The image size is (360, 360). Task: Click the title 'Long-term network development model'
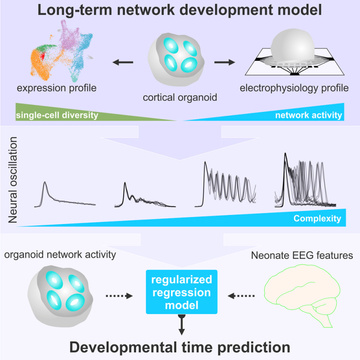[x=180, y=10]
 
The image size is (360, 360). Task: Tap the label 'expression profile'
[x=57, y=88]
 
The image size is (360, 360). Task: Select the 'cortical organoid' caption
[x=180, y=97]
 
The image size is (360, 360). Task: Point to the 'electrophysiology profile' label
[x=294, y=88]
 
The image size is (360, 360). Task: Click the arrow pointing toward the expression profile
[x=123, y=62]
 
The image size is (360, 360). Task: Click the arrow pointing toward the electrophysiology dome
[x=225, y=62]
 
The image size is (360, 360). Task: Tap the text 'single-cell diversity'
[x=57, y=115]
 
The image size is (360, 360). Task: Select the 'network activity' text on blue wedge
[x=309, y=115]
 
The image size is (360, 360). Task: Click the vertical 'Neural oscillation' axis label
[x=13, y=180]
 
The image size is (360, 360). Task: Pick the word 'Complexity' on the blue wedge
[x=317, y=218]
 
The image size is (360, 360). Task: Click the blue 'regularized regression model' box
[x=182, y=292]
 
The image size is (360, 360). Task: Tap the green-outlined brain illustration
[x=302, y=296]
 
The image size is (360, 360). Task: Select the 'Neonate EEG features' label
[x=302, y=255]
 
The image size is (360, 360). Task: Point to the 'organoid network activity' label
[x=60, y=255]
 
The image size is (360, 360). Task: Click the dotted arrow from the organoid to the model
[x=119, y=296]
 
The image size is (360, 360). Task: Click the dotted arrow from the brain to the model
[x=241, y=296]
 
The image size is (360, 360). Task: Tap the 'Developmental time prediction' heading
[x=180, y=347]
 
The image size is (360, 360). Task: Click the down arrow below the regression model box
[x=182, y=324]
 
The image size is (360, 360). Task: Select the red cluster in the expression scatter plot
[x=42, y=56]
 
